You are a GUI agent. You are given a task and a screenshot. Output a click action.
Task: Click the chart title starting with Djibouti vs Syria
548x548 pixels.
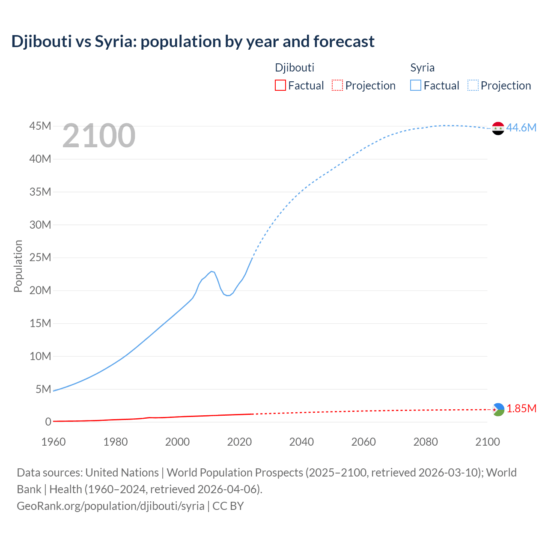[193, 42]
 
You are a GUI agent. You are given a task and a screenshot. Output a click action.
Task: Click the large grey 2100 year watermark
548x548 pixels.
[99, 136]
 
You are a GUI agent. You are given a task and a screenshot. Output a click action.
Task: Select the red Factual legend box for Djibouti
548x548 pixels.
[280, 85]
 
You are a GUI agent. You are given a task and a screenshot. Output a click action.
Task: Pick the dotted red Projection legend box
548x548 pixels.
[337, 85]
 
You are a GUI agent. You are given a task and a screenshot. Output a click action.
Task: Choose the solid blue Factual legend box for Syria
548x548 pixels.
[416, 85]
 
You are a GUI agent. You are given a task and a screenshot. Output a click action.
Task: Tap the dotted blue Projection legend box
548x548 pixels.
[473, 85]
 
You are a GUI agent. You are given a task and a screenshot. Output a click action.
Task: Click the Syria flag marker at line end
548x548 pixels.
[498, 128]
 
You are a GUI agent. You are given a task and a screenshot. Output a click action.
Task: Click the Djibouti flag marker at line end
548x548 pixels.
[498, 409]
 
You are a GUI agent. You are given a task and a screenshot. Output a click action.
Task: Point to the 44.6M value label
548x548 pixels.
[521, 128]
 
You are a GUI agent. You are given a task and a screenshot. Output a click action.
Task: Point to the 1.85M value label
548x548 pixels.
[521, 408]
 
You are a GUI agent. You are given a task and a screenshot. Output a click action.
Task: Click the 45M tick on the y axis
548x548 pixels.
[40, 126]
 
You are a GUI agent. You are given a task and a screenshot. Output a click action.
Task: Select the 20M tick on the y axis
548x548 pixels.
[40, 290]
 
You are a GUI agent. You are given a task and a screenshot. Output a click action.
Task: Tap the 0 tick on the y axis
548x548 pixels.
[48, 422]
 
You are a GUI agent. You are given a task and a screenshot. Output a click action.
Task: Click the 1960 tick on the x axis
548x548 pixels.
[54, 442]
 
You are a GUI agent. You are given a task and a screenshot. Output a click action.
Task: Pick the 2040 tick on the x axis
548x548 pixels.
[301, 442]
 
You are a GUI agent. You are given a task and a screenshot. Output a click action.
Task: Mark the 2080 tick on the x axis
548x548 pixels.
[426, 442]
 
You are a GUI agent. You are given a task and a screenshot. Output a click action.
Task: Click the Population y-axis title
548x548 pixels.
[18, 266]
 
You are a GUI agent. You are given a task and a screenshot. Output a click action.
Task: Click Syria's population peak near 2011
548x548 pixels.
[211, 271]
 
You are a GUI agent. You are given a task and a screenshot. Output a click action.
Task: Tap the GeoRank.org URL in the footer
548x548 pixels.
[110, 506]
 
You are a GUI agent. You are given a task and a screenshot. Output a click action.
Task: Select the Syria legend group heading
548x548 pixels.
[422, 68]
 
